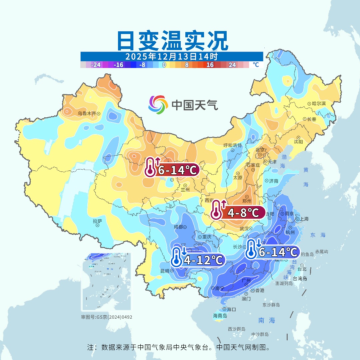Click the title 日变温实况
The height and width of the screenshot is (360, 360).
tap(172, 41)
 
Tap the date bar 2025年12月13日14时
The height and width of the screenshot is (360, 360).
tap(172, 56)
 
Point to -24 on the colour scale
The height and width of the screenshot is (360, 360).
tap(96, 65)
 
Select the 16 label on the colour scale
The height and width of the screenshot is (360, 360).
tap(210, 65)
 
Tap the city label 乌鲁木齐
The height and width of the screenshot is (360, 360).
tap(87, 114)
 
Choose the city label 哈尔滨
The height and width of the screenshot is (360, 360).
tap(319, 104)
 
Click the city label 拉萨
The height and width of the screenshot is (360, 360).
tap(97, 221)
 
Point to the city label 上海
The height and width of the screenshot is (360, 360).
tap(304, 219)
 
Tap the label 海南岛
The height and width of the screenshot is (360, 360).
tap(220, 315)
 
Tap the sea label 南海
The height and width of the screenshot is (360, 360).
tap(267, 320)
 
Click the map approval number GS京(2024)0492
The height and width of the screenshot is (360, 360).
tap(107, 317)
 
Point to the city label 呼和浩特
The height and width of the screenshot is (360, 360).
tap(232, 145)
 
